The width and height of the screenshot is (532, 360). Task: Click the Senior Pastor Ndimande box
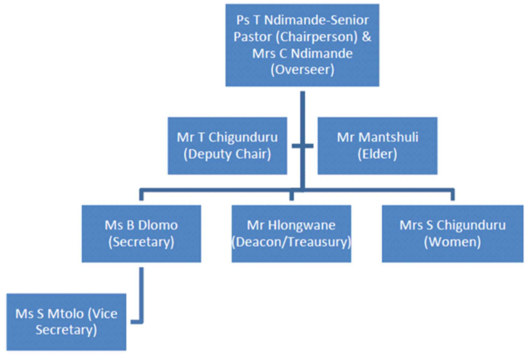pos(302,45)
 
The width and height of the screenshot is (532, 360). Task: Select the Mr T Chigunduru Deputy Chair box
pos(227,146)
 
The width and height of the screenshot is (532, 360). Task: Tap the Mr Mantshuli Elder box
pos(377,146)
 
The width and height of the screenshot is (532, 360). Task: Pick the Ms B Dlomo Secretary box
pos(141,233)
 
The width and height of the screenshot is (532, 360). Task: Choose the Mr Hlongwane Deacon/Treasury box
pos(291,233)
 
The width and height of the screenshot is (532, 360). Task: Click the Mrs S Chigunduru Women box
pos(452,233)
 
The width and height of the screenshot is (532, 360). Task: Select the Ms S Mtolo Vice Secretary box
pos(66,322)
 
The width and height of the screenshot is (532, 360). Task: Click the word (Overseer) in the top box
pos(302,70)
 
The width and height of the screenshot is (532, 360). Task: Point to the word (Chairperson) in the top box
pos(317,37)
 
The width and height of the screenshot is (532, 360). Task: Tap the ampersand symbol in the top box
pos(367,37)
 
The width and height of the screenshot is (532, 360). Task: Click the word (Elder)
pos(377,154)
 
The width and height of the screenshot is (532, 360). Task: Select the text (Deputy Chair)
pos(227,154)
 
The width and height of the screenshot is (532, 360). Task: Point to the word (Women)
pos(452,242)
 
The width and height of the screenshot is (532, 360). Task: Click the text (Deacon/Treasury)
pos(291,242)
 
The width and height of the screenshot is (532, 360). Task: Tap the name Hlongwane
pos(302,225)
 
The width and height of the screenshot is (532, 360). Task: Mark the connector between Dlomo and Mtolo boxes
pos(141,297)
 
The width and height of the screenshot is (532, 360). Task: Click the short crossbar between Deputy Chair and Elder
pos(302,146)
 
